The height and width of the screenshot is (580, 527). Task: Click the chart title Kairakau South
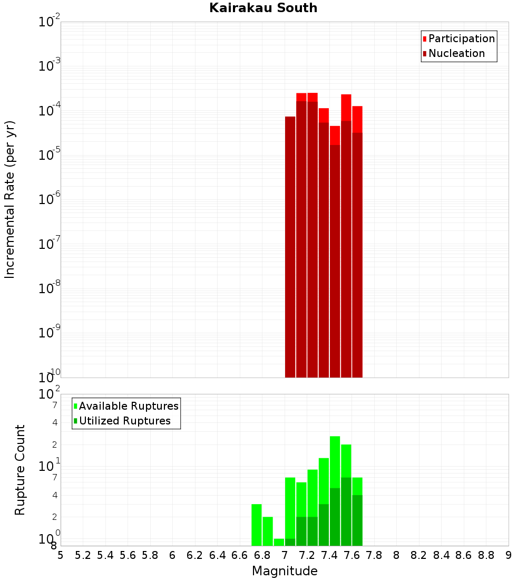(x=263, y=8)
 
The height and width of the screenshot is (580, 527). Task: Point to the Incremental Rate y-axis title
(x=10, y=199)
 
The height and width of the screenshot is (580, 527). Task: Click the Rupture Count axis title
(x=20, y=470)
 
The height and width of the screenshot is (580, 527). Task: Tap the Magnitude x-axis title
(x=285, y=571)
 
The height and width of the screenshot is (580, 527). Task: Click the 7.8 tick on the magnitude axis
(x=374, y=555)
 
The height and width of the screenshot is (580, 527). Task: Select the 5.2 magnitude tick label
(x=83, y=555)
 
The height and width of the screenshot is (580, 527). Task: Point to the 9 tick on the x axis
(x=509, y=555)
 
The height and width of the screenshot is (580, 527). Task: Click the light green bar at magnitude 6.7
(x=257, y=525)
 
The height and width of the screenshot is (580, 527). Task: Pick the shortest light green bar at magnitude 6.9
(x=279, y=542)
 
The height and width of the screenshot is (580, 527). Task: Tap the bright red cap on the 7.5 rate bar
(x=346, y=107)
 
